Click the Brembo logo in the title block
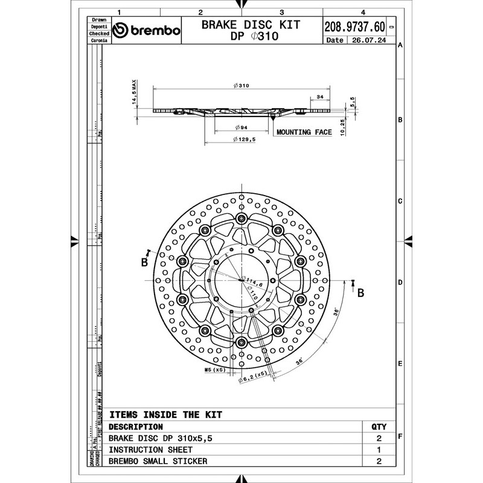(x=147, y=31)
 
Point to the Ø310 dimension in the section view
(x=241, y=85)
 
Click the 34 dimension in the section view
(x=319, y=97)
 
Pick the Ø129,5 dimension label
(x=244, y=139)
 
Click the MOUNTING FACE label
(x=304, y=132)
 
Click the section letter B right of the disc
(x=360, y=293)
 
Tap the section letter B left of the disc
(x=144, y=262)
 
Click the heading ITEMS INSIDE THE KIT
(x=166, y=415)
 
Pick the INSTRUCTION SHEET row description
(x=151, y=450)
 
